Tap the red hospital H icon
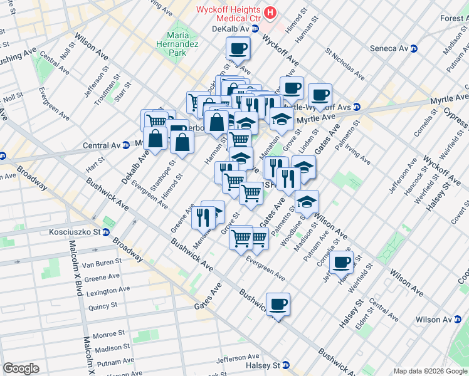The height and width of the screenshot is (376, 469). click(x=270, y=13)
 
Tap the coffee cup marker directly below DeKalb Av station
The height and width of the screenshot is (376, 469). click(x=238, y=48)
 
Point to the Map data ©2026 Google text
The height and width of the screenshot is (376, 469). click(x=430, y=370)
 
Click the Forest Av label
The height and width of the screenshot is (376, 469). click(x=453, y=19)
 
